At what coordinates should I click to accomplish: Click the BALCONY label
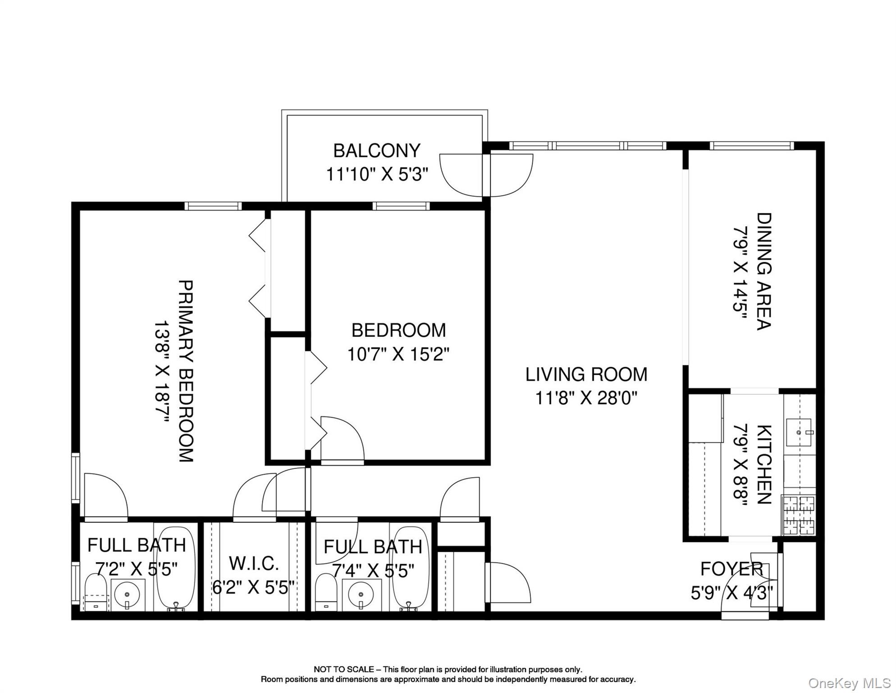(x=376, y=151)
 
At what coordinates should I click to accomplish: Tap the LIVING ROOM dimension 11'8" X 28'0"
(x=586, y=398)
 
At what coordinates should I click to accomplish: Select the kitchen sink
(x=799, y=432)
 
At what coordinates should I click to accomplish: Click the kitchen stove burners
(x=798, y=515)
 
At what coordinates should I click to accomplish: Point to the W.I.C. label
(x=254, y=563)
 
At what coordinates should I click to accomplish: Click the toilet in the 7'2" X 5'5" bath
(x=95, y=592)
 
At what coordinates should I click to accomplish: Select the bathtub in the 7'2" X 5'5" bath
(x=176, y=568)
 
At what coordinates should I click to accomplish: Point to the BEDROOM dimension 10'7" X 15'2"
(x=398, y=354)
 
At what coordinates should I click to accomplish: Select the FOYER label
(x=731, y=569)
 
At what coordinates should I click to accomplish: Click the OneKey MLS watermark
(x=849, y=683)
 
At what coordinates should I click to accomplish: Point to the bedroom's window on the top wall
(x=401, y=206)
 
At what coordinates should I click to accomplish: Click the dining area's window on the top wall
(x=751, y=146)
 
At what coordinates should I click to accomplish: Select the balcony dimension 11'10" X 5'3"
(x=376, y=174)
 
